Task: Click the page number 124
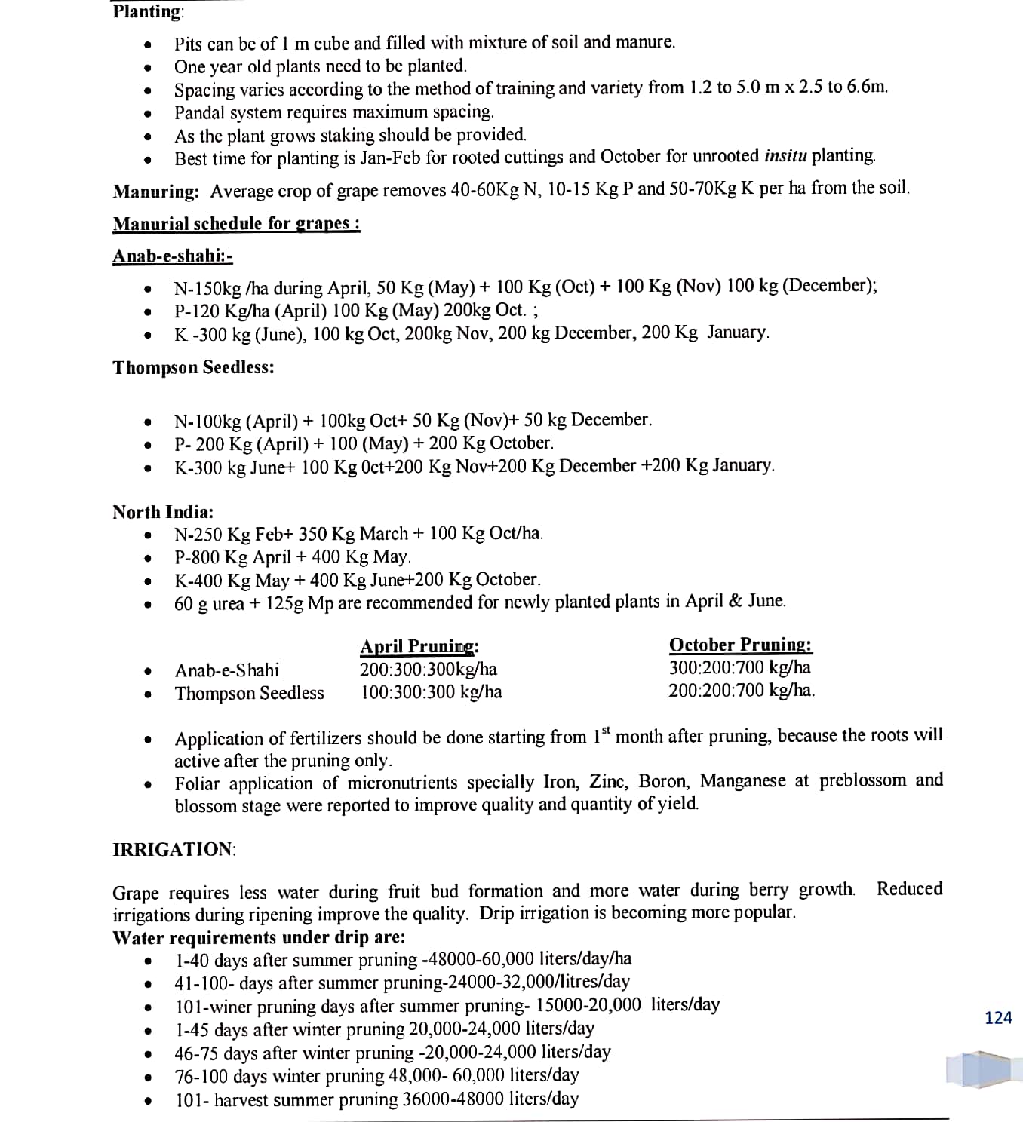coord(998,1018)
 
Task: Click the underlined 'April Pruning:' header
coord(419,647)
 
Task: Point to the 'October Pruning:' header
coord(740,645)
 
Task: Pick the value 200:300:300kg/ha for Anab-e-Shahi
coord(429,670)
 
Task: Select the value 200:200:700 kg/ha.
coord(741,691)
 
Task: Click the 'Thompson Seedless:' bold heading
coord(193,368)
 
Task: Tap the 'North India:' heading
coord(163,512)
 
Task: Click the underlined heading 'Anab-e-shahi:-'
coord(172,256)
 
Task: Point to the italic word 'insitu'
coord(785,156)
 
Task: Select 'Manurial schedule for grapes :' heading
coord(236,224)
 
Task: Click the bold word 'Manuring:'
coord(156,192)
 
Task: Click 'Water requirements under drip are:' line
coord(258,937)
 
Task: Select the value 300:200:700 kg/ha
coord(739,668)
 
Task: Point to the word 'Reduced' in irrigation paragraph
coord(909,889)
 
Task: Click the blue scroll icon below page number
coord(978,1069)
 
